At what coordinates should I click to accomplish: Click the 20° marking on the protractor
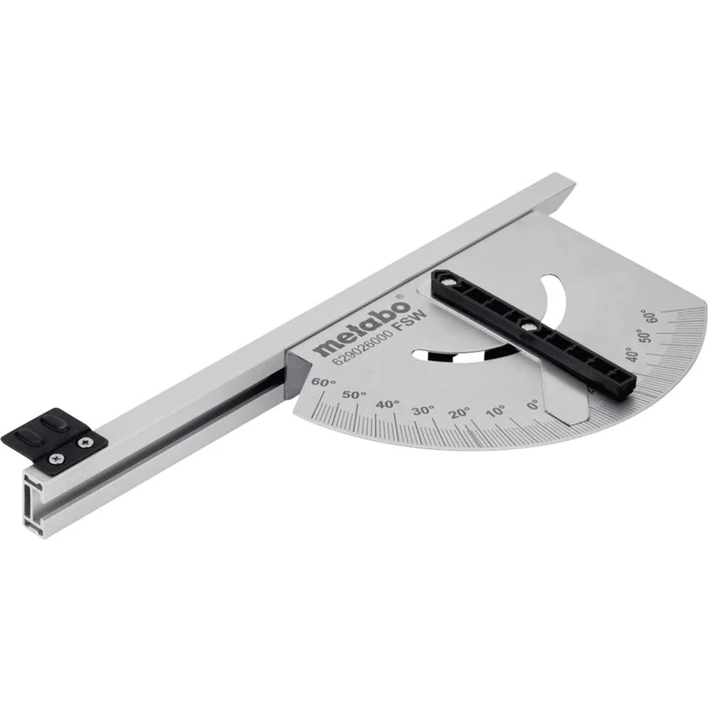click(x=459, y=413)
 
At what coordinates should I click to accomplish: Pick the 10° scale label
click(x=495, y=411)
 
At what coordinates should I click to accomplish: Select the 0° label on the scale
click(x=533, y=405)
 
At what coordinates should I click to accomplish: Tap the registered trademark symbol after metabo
click(x=399, y=297)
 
